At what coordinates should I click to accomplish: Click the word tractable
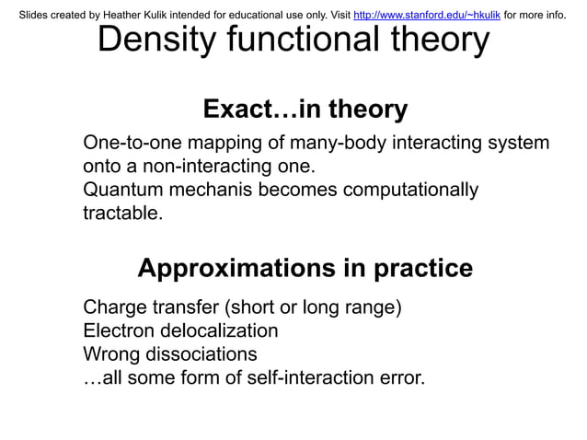click(122, 214)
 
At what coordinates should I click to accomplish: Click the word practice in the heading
click(423, 268)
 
